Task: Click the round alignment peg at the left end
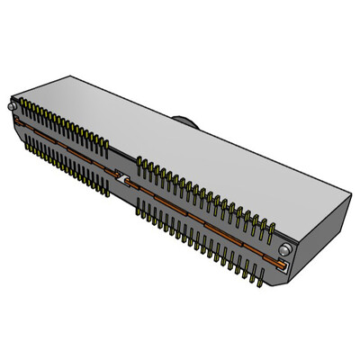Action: coord(10,105)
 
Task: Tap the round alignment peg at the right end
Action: coord(284,248)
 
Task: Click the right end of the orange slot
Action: coord(285,266)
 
